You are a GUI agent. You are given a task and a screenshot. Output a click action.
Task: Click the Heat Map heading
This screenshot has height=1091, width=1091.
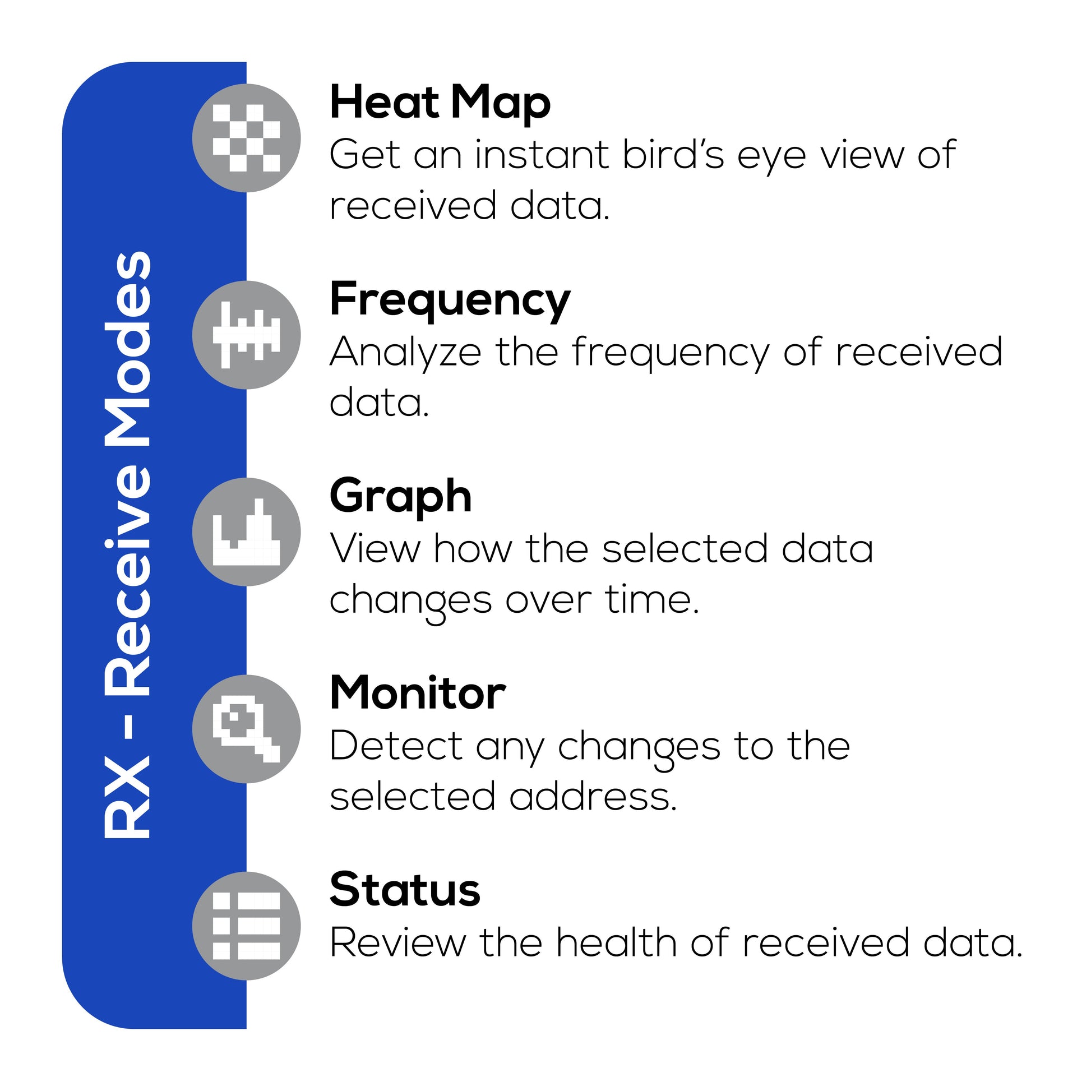[440, 102]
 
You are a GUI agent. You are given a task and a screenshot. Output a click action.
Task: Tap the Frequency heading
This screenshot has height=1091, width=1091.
[450, 299]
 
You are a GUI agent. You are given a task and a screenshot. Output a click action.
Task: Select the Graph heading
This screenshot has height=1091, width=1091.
[400, 496]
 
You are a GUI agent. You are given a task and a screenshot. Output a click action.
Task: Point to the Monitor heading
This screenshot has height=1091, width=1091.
[417, 693]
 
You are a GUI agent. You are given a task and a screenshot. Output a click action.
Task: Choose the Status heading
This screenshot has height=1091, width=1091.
[404, 890]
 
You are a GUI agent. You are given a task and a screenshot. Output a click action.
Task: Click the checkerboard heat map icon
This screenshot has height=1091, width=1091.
[246, 138]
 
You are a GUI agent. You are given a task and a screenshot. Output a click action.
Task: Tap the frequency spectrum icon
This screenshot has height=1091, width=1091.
[246, 335]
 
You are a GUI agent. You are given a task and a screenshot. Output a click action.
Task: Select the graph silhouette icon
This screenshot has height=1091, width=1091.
[246, 532]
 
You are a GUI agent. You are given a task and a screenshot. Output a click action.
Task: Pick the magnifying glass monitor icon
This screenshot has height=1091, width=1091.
[246, 729]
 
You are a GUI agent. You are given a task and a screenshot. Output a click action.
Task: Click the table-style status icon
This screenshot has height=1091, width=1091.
[246, 926]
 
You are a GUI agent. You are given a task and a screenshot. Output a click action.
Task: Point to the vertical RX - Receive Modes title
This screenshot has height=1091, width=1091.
[128, 545]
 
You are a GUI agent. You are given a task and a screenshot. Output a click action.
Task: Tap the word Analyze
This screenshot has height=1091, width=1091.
[405, 353]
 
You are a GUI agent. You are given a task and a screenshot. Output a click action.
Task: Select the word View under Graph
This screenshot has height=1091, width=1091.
[375, 548]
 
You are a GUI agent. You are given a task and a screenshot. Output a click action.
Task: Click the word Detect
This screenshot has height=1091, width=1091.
[396, 746]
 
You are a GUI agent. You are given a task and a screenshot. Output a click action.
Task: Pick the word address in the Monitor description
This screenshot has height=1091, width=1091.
[593, 796]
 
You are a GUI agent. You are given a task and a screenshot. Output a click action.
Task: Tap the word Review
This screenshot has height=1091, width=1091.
[397, 942]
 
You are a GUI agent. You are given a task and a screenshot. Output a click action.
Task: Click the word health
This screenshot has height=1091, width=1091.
[617, 942]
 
